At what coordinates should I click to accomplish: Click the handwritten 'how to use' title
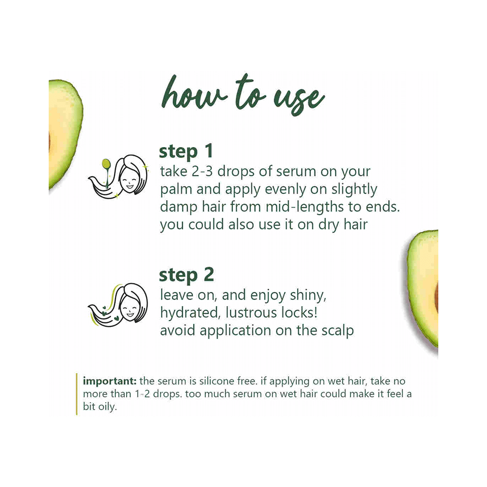(x=242, y=98)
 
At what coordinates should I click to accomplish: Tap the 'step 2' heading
(x=186, y=275)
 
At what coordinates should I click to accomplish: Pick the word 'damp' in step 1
(x=178, y=206)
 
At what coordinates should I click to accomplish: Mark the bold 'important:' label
(x=110, y=380)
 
